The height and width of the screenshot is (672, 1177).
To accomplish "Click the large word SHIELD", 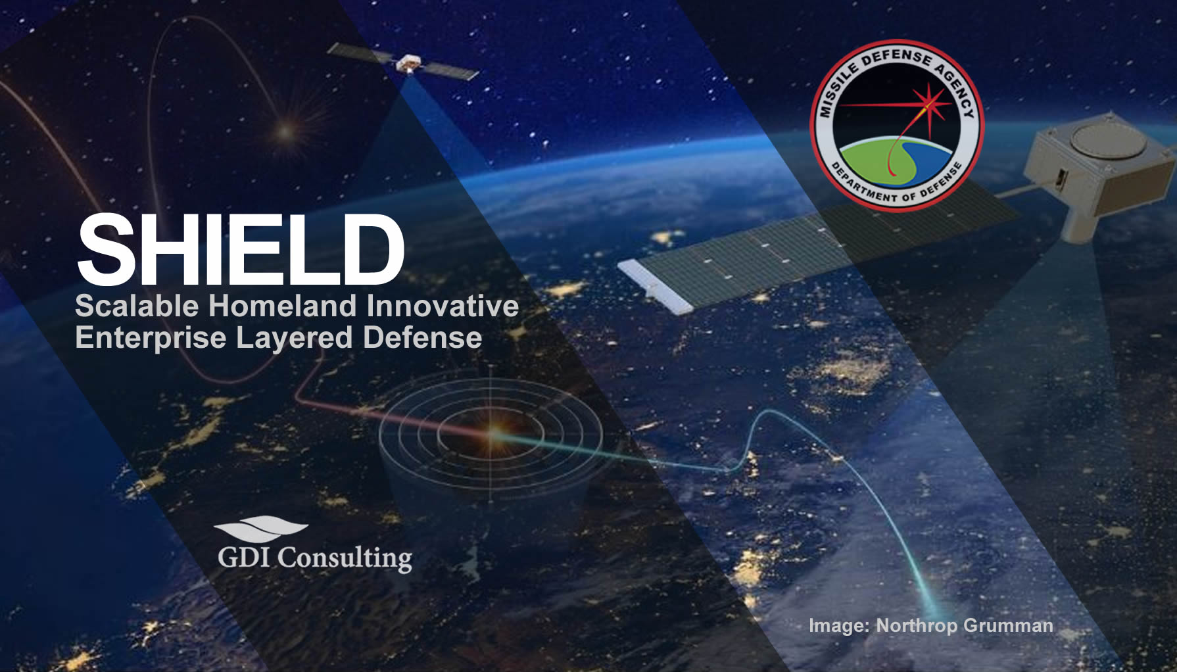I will click(240, 251).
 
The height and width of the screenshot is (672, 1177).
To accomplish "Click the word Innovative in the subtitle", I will click(443, 306).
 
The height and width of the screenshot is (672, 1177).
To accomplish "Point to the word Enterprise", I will click(151, 338).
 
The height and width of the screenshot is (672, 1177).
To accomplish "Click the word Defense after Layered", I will click(422, 338).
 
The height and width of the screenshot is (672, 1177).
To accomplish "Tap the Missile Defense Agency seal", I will click(896, 126).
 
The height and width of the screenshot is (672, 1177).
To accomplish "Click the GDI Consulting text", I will click(315, 558).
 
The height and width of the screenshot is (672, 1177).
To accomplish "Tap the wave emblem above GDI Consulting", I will click(261, 528).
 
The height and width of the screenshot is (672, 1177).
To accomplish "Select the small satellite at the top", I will click(406, 62).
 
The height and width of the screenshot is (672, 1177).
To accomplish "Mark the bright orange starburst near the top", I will click(285, 131).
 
